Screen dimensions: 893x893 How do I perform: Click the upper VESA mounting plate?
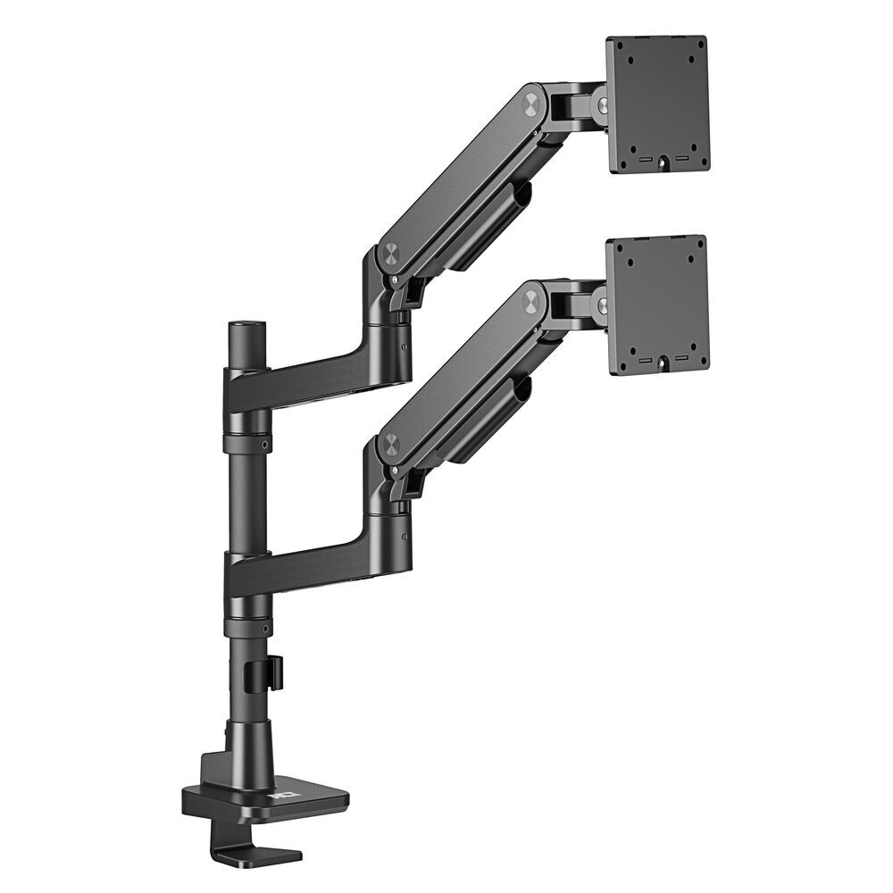point(657,103)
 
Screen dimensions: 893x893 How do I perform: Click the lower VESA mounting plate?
point(657,304)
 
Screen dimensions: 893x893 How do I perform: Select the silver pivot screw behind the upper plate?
point(603,105)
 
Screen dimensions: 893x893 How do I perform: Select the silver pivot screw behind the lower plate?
point(603,305)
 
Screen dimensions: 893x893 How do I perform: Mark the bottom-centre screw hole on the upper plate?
point(663,163)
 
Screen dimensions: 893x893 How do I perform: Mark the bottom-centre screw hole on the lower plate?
point(663,363)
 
